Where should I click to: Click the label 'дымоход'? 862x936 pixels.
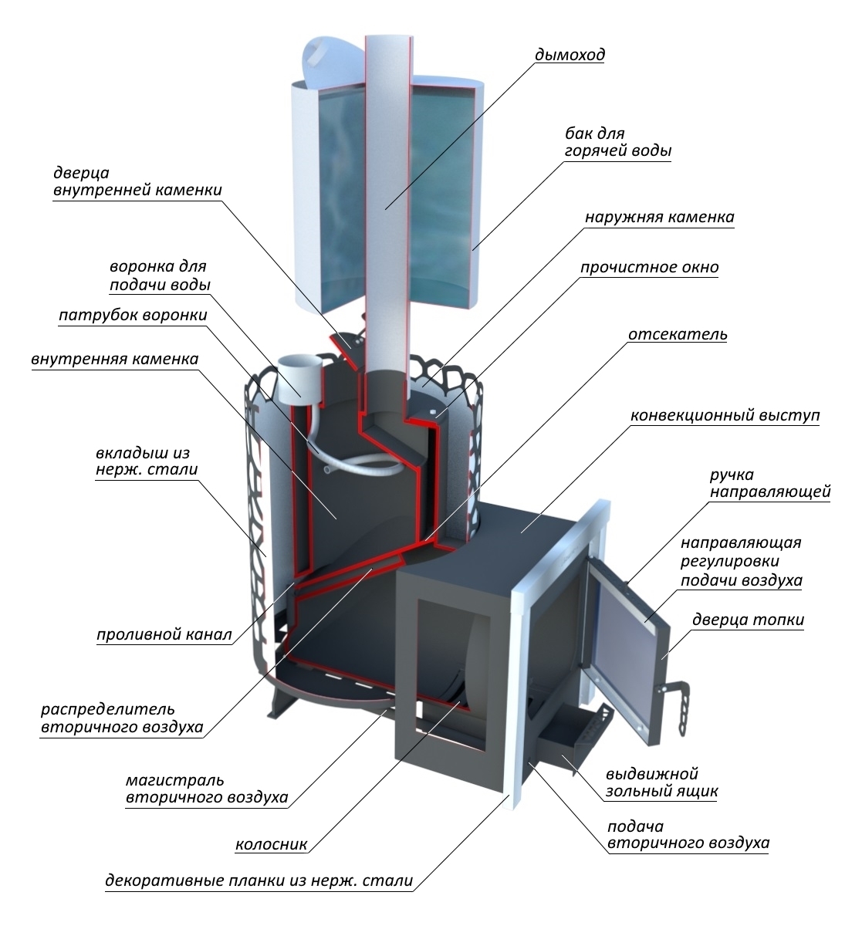click(570, 55)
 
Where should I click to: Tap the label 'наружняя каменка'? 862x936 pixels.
click(660, 218)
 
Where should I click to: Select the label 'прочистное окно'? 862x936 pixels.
click(649, 267)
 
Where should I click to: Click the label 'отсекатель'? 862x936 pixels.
click(678, 334)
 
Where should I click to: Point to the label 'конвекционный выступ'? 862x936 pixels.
click(725, 415)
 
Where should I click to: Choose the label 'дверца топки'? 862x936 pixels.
click(748, 620)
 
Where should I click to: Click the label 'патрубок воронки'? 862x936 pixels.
click(133, 316)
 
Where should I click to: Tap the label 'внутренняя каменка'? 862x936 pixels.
click(115, 359)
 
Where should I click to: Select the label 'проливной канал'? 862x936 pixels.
click(164, 634)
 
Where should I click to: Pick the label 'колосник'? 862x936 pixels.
click(271, 844)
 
